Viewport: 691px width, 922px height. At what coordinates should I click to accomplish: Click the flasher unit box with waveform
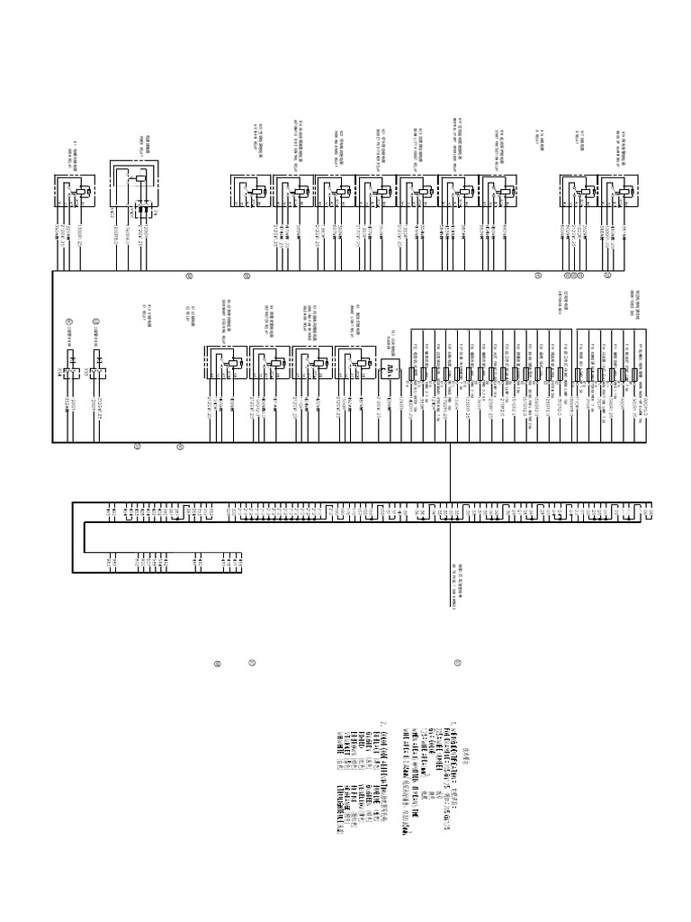tap(389, 370)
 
